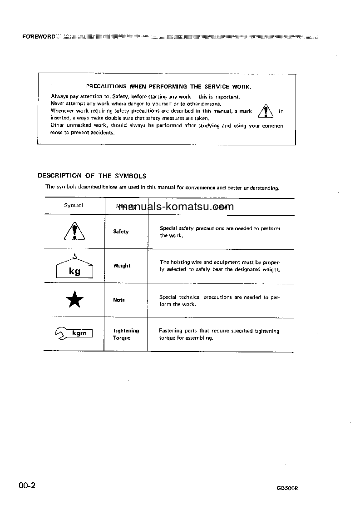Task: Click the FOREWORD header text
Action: [x=39, y=36]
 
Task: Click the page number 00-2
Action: [x=27, y=486]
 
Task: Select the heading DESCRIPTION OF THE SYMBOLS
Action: [x=92, y=176]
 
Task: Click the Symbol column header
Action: [x=74, y=205]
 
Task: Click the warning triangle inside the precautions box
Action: [x=265, y=111]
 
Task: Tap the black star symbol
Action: [x=74, y=300]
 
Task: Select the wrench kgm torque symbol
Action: [x=74, y=334]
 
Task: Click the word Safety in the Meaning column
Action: [x=121, y=232]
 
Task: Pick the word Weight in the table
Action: [x=122, y=266]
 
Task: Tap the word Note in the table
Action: [x=119, y=300]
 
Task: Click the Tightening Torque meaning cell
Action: [x=126, y=334]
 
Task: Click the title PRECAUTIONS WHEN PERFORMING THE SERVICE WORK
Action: [x=168, y=86]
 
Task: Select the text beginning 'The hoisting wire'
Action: [x=220, y=266]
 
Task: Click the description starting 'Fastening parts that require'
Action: [x=219, y=334]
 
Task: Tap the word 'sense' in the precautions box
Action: [x=57, y=133]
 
